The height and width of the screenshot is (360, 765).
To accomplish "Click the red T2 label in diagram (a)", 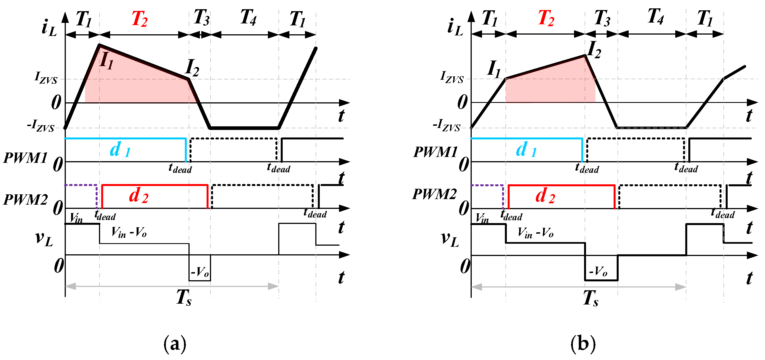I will (x=139, y=19).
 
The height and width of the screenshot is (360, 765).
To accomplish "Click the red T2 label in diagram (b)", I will (x=546, y=18).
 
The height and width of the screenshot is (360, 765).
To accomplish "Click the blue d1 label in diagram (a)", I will (x=120, y=149).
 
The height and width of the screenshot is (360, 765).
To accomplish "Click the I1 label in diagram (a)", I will (x=106, y=61).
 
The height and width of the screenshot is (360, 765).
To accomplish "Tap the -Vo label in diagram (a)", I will (x=200, y=272).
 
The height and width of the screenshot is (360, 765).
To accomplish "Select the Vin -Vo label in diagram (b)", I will (x=535, y=233).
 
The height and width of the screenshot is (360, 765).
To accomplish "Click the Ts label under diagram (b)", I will (x=590, y=298).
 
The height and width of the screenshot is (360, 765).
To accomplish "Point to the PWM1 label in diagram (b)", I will (x=435, y=152).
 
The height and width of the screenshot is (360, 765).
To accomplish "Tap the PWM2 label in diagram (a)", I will (x=26, y=200).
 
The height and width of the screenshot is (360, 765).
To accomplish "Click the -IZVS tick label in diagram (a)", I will (x=41, y=125).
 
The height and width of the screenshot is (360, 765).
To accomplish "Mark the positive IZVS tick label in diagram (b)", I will (x=452, y=77).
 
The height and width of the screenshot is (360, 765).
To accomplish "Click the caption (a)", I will (x=175, y=344).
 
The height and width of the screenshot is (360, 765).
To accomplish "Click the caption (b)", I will (x=583, y=344).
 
